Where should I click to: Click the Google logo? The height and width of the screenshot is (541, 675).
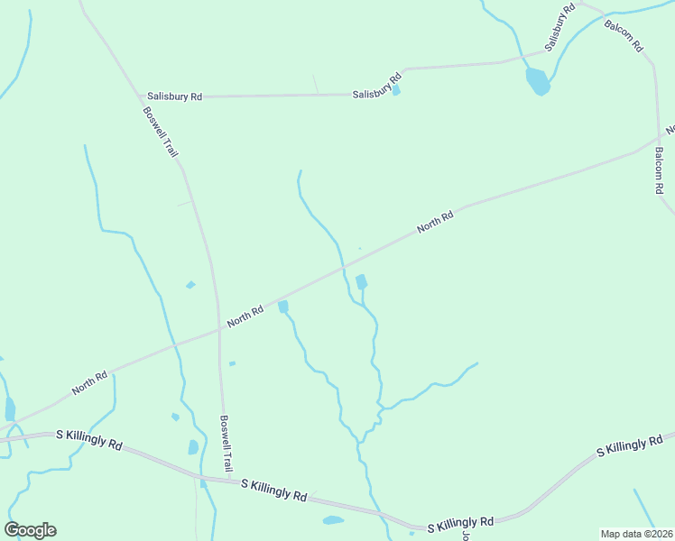click(30, 530)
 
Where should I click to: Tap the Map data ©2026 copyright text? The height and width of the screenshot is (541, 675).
click(636, 534)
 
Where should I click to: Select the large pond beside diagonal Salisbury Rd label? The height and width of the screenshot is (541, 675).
click(537, 81)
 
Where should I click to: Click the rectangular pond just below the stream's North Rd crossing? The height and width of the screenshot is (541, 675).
click(362, 282)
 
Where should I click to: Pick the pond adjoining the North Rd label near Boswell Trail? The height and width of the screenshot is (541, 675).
click(283, 307)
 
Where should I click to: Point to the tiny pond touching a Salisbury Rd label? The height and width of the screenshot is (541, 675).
click(396, 90)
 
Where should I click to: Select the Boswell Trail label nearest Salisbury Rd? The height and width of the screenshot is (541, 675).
click(161, 133)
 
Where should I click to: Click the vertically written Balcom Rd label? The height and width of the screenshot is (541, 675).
click(660, 171)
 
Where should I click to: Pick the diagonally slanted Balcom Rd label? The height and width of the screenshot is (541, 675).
click(624, 33)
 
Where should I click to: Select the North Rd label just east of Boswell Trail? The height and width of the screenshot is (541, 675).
click(245, 316)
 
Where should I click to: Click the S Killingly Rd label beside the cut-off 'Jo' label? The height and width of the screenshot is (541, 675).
click(460, 523)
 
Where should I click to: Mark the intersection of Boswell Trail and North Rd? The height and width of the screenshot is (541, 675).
click(219, 329)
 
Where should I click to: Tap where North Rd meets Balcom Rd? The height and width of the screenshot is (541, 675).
click(659, 139)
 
